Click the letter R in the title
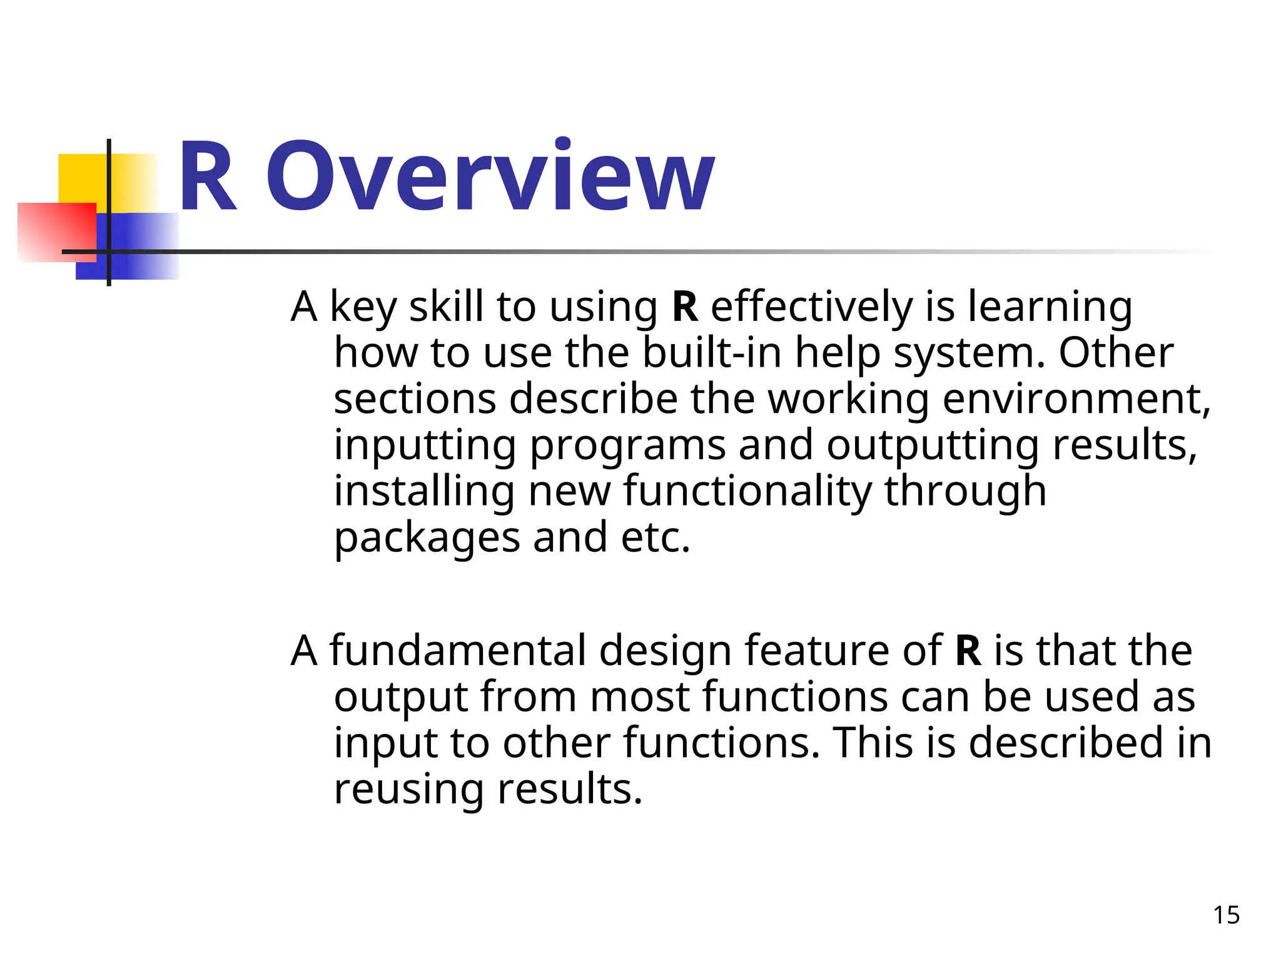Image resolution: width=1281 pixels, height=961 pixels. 208,177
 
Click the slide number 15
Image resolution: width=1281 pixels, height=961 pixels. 1226,915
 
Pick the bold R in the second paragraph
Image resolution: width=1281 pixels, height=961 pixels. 968,651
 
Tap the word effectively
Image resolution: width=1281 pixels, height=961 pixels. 811,308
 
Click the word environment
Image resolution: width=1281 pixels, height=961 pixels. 1076,399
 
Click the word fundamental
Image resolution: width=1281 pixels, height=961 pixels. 457,651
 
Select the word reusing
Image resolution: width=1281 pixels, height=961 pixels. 408,790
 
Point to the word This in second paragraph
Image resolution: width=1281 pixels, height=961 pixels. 873,743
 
